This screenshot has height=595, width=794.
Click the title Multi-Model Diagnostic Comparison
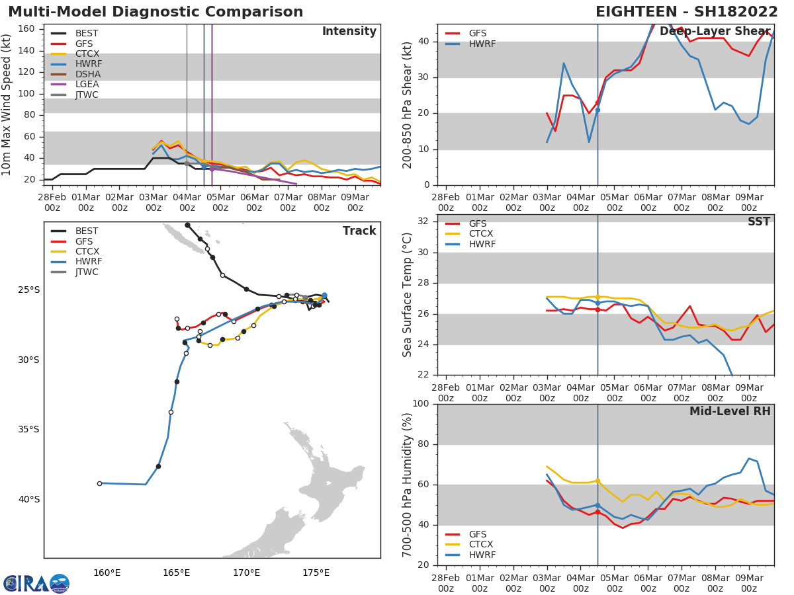tap(155, 12)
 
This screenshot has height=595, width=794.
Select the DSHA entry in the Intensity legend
tap(87, 74)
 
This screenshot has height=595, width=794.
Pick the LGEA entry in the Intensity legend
tap(87, 84)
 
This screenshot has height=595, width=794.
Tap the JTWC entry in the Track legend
tap(87, 272)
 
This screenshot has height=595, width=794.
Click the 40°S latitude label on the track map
tap(28, 499)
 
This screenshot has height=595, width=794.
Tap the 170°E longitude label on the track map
tap(246, 573)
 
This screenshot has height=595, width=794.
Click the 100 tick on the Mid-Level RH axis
tap(421, 404)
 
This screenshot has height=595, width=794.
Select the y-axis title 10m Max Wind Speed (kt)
tap(7, 104)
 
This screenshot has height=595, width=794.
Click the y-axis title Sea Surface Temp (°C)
tap(408, 295)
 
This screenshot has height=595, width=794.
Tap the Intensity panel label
tap(349, 32)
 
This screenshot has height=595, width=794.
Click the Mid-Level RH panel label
tap(730, 411)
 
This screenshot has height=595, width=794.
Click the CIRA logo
tap(36, 583)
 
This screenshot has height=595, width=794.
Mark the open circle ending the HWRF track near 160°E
tap(100, 483)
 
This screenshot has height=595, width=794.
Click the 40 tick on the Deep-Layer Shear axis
tap(423, 42)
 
